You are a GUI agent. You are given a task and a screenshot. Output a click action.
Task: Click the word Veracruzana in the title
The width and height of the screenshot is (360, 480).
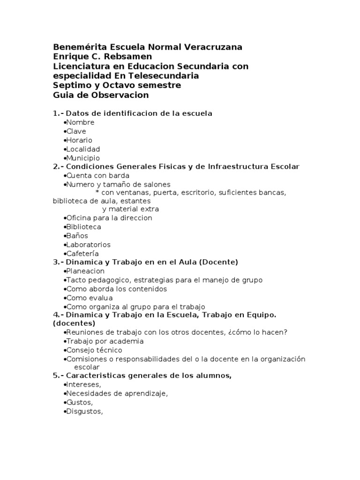tap(213, 47)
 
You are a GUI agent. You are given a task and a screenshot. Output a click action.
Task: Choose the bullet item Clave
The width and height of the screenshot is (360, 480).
tap(76, 131)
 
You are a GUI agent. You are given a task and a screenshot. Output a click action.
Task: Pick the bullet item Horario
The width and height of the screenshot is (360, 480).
tap(79, 140)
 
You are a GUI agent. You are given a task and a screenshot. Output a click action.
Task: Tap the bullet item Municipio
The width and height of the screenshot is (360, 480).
tap(83, 158)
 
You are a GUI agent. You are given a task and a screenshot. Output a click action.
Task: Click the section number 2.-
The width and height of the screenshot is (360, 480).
tap(58, 167)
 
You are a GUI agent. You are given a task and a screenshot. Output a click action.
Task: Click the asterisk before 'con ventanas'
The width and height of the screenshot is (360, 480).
tap(97, 193)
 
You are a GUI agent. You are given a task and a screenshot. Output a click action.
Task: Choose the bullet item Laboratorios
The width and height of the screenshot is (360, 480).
tap(88, 245)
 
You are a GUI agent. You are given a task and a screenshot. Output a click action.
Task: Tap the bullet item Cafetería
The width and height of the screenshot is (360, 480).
tap(82, 254)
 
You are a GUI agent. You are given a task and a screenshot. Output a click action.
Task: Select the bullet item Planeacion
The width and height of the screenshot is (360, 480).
tap(85, 271)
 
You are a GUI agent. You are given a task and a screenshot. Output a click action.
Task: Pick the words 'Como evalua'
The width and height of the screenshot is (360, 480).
tap(90, 298)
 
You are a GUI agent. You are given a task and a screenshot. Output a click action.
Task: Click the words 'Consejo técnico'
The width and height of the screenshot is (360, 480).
tap(94, 350)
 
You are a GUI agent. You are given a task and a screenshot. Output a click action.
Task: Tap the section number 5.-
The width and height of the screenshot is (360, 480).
tap(58, 376)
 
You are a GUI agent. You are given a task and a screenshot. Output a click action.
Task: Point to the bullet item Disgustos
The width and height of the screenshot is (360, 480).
tap(84, 412)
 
